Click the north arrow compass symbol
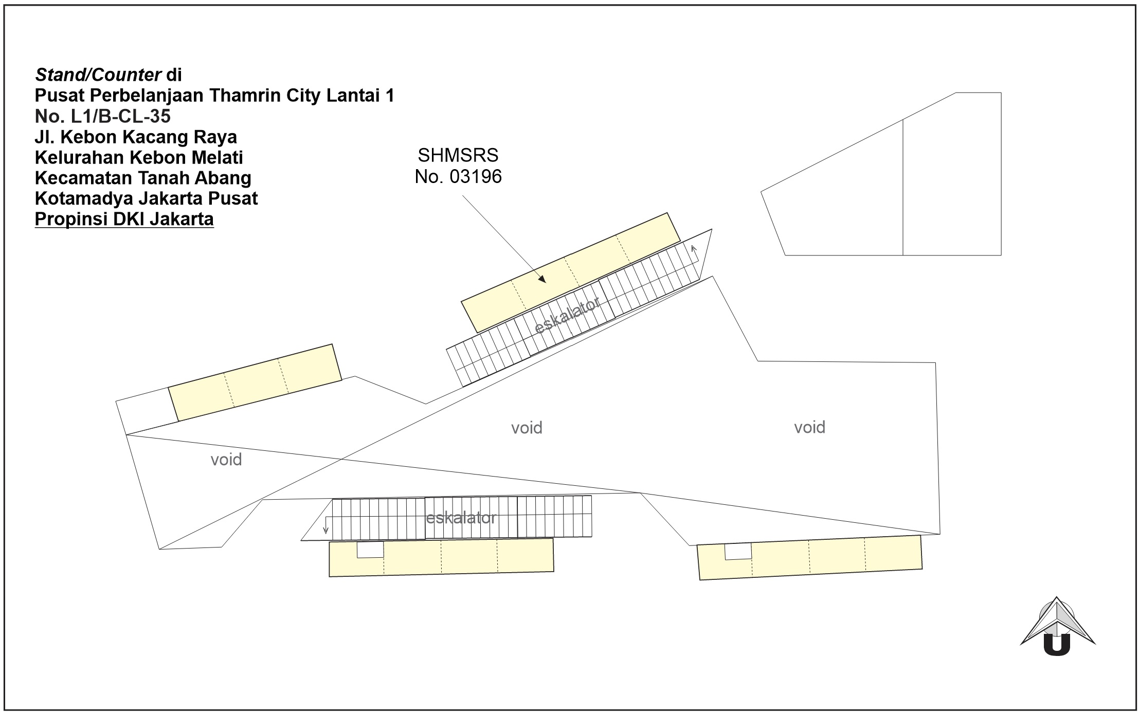pyautogui.click(x=1058, y=626)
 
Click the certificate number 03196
pyautogui.click(x=476, y=177)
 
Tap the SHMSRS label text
pyautogui.click(x=458, y=155)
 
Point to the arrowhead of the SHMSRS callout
pyautogui.click(x=541, y=279)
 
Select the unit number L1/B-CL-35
pyautogui.click(x=121, y=117)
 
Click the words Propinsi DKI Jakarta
pyautogui.click(x=124, y=219)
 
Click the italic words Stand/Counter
pyautogui.click(x=98, y=75)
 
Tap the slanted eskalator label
pyautogui.click(x=567, y=316)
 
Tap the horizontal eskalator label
pyautogui.click(x=461, y=518)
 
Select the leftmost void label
pyautogui.click(x=226, y=459)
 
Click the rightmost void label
pyautogui.click(x=809, y=427)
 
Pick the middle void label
pyautogui.click(x=527, y=428)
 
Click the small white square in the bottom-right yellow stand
pyautogui.click(x=738, y=552)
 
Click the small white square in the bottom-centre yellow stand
pyautogui.click(x=370, y=550)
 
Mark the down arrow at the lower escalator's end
pyautogui.click(x=326, y=525)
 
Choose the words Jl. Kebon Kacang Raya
pyautogui.click(x=136, y=137)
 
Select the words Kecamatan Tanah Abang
pyautogui.click(x=143, y=178)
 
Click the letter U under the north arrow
pyautogui.click(x=1057, y=645)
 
